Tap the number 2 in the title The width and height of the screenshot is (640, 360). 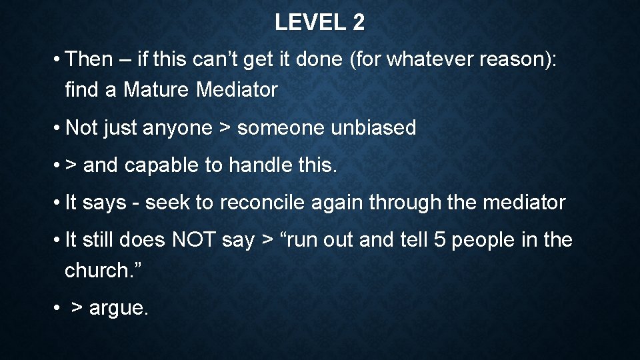tap(359, 23)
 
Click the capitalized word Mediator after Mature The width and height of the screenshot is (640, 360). tap(237, 90)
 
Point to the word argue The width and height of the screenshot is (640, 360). tap(118, 309)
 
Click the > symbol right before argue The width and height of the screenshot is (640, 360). tap(77, 309)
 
